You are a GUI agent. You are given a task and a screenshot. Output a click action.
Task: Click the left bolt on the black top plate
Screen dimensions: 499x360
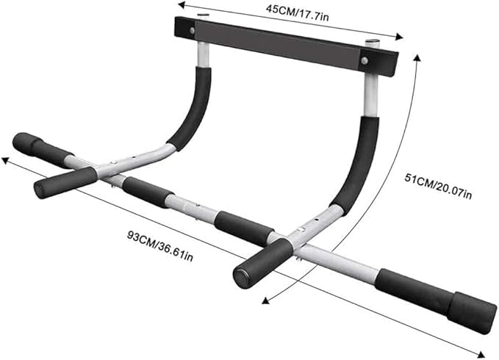pos(193,31)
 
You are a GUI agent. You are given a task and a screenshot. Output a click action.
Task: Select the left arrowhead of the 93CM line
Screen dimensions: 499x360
pos(5,159)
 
